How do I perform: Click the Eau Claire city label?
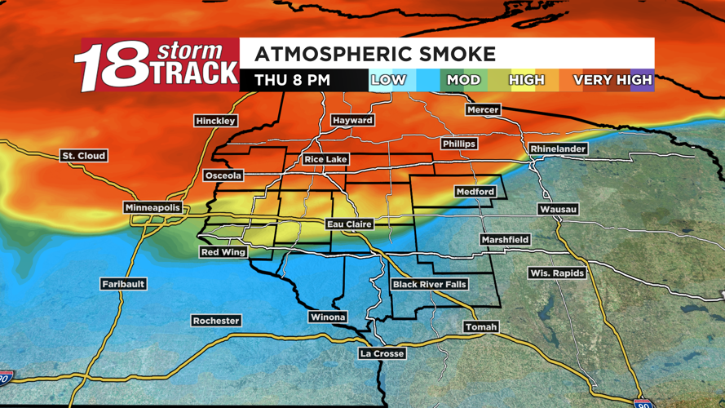[x=349, y=224]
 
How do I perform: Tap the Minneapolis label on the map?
[x=153, y=208]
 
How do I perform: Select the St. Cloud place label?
[x=84, y=155]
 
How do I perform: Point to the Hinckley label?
[x=215, y=121]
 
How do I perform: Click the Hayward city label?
[x=352, y=120]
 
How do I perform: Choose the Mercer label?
[x=483, y=109]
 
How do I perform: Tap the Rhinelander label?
[x=558, y=149]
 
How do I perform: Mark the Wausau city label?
[x=558, y=210]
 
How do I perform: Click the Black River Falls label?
[x=429, y=284]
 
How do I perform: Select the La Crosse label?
[x=382, y=353]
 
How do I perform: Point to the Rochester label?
[x=216, y=321]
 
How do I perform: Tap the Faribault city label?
[x=123, y=284]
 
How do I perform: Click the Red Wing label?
[x=223, y=252]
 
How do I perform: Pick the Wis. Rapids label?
[x=556, y=273]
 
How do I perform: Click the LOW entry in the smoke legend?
[x=388, y=80]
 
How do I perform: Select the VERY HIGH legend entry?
[x=612, y=80]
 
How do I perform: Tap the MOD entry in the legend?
[x=462, y=80]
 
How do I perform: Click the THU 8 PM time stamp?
[x=292, y=80]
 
